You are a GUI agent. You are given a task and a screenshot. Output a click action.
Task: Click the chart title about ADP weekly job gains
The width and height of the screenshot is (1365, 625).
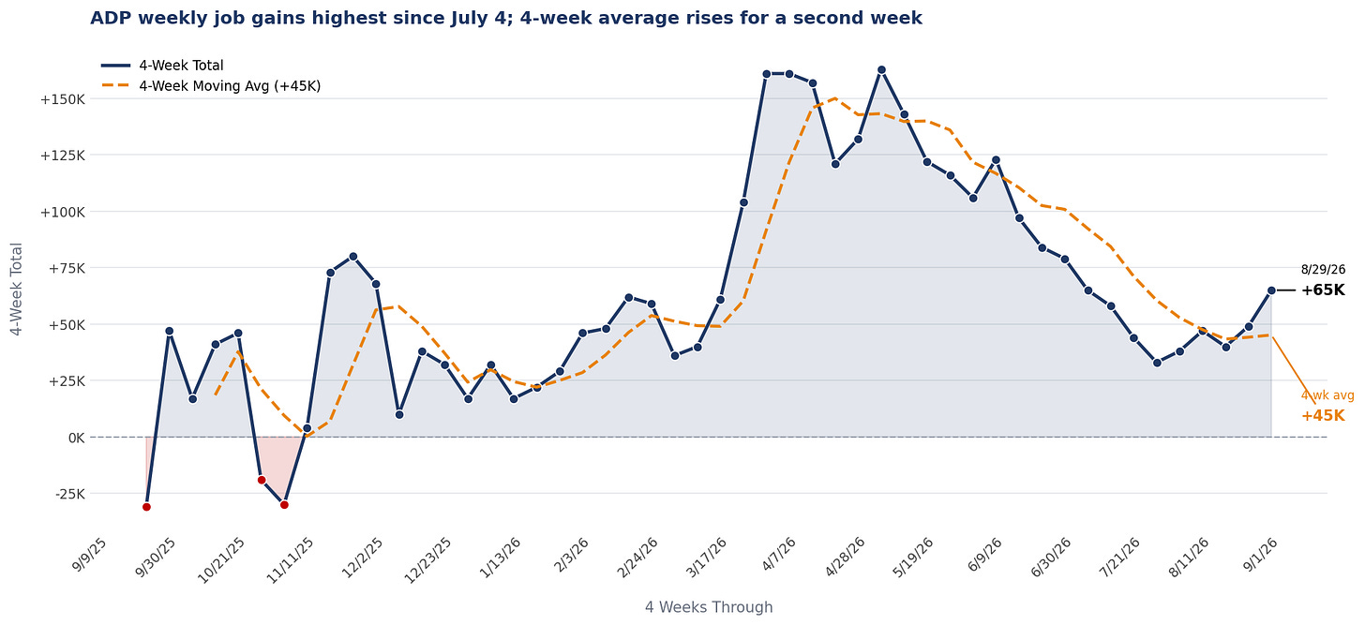(x=506, y=19)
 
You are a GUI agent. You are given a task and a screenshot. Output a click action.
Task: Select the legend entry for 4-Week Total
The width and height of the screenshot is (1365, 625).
(x=163, y=66)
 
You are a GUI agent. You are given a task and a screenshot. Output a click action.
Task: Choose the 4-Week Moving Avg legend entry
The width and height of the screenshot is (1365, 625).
(x=211, y=86)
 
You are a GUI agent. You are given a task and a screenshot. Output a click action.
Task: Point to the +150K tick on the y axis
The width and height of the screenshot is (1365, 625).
(x=62, y=99)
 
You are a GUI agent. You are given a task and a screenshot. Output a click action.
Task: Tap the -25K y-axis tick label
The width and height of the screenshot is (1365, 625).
(x=70, y=494)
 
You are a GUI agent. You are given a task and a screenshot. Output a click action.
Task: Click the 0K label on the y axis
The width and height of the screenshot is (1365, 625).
(x=77, y=438)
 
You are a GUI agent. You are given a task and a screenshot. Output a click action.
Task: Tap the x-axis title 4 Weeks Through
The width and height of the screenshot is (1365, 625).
(x=709, y=607)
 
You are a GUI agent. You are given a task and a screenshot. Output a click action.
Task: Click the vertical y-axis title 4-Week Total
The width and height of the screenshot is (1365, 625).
(x=17, y=290)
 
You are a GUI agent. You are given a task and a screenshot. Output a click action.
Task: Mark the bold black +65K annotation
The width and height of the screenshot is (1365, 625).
(x=1322, y=290)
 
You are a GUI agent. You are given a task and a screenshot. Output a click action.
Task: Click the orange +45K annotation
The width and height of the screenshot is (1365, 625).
(x=1322, y=416)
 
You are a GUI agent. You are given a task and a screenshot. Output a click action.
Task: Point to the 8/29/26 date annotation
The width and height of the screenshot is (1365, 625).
(x=1323, y=270)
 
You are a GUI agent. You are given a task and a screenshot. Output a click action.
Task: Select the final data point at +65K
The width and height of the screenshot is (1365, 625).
(x=1271, y=290)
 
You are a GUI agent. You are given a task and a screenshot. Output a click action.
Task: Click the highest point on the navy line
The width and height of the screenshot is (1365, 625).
(x=881, y=70)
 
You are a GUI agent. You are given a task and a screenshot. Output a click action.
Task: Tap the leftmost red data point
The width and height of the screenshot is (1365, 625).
(x=146, y=507)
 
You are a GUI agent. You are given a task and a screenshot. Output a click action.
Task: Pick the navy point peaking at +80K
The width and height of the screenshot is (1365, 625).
(x=352, y=257)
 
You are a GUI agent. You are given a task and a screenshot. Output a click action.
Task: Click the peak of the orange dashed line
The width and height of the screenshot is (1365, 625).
(x=834, y=98)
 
